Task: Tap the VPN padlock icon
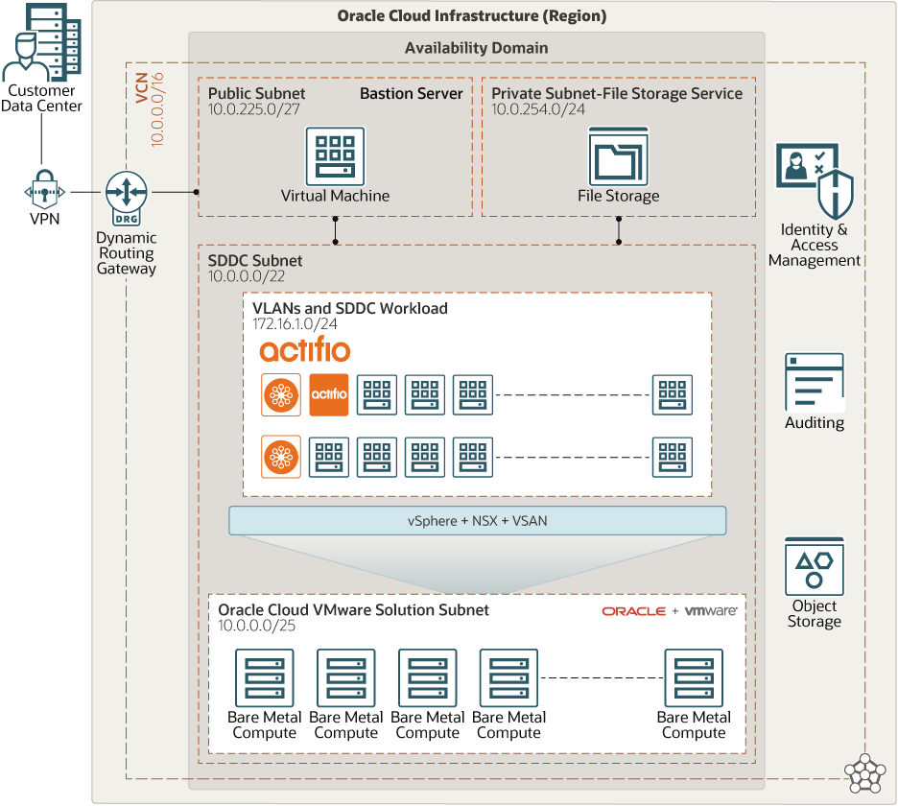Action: [44, 192]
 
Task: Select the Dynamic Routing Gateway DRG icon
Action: [125, 193]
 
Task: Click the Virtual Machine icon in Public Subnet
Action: [335, 155]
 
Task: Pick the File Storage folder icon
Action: [618, 155]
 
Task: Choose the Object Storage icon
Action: [814, 566]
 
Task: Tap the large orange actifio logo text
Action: [304, 349]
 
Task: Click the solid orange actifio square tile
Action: [329, 394]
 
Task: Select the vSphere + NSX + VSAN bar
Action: [477, 520]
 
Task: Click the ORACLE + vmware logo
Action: [669, 611]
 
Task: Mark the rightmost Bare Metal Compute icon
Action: [693, 677]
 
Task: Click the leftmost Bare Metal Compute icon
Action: [264, 677]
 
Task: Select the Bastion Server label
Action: [411, 94]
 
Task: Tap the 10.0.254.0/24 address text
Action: [538, 109]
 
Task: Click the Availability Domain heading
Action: [476, 48]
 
